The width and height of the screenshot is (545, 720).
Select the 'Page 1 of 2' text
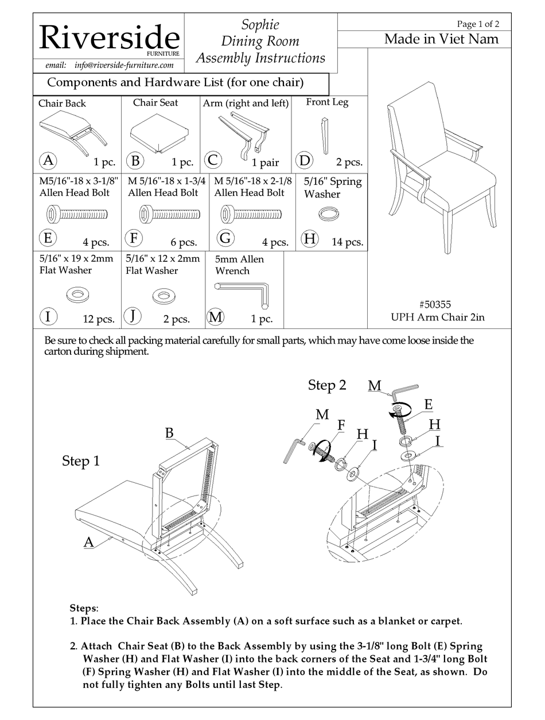pyautogui.click(x=477, y=24)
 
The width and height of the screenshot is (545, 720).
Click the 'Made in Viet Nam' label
pyautogui.click(x=441, y=39)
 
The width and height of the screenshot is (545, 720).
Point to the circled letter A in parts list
pyautogui.click(x=48, y=161)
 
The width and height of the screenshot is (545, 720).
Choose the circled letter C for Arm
pyautogui.click(x=213, y=160)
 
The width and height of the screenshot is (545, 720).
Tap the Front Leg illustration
pyautogui.click(x=325, y=136)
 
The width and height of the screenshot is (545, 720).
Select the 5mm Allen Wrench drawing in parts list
pyautogui.click(x=243, y=292)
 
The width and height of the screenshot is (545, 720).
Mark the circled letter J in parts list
pyautogui.click(x=133, y=316)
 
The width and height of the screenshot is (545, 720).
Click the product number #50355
pyautogui.click(x=438, y=305)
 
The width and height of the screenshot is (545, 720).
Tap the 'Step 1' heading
pyautogui.click(x=80, y=462)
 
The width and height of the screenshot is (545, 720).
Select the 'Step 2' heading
pyautogui.click(x=327, y=385)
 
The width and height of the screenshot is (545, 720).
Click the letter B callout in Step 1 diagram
pyautogui.click(x=169, y=433)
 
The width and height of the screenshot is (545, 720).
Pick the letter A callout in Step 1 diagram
pyautogui.click(x=88, y=541)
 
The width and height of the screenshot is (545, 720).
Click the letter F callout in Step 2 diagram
pyautogui.click(x=341, y=424)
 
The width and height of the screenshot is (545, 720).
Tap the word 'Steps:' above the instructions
pyautogui.click(x=84, y=607)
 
